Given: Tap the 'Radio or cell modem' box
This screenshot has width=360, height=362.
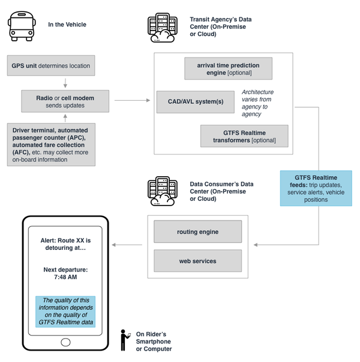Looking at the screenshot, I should pyautogui.click(x=65, y=101).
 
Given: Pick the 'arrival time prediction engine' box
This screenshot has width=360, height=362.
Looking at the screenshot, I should pyautogui.click(x=227, y=68).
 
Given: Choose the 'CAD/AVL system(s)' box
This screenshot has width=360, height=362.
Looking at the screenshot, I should pyautogui.click(x=194, y=101).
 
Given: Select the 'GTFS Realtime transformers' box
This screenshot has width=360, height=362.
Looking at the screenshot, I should pyautogui.click(x=244, y=136).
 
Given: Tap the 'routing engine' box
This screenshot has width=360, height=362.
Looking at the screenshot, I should pyautogui.click(x=197, y=231).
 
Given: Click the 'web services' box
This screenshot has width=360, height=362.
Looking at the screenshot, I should pyautogui.click(x=197, y=261).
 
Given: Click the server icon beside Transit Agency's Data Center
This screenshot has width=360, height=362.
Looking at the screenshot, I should pyautogui.click(x=161, y=28).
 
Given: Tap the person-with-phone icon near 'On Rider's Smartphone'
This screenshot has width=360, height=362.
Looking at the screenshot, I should pyautogui.click(x=125, y=340).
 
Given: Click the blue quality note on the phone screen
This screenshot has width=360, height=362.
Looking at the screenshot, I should pyautogui.click(x=65, y=310).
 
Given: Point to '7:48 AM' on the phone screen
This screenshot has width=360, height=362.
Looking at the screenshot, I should pyautogui.click(x=65, y=277).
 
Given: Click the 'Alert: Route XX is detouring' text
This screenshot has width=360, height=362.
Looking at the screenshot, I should pyautogui.click(x=65, y=243).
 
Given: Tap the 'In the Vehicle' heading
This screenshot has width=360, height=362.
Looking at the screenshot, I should pyautogui.click(x=67, y=25).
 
